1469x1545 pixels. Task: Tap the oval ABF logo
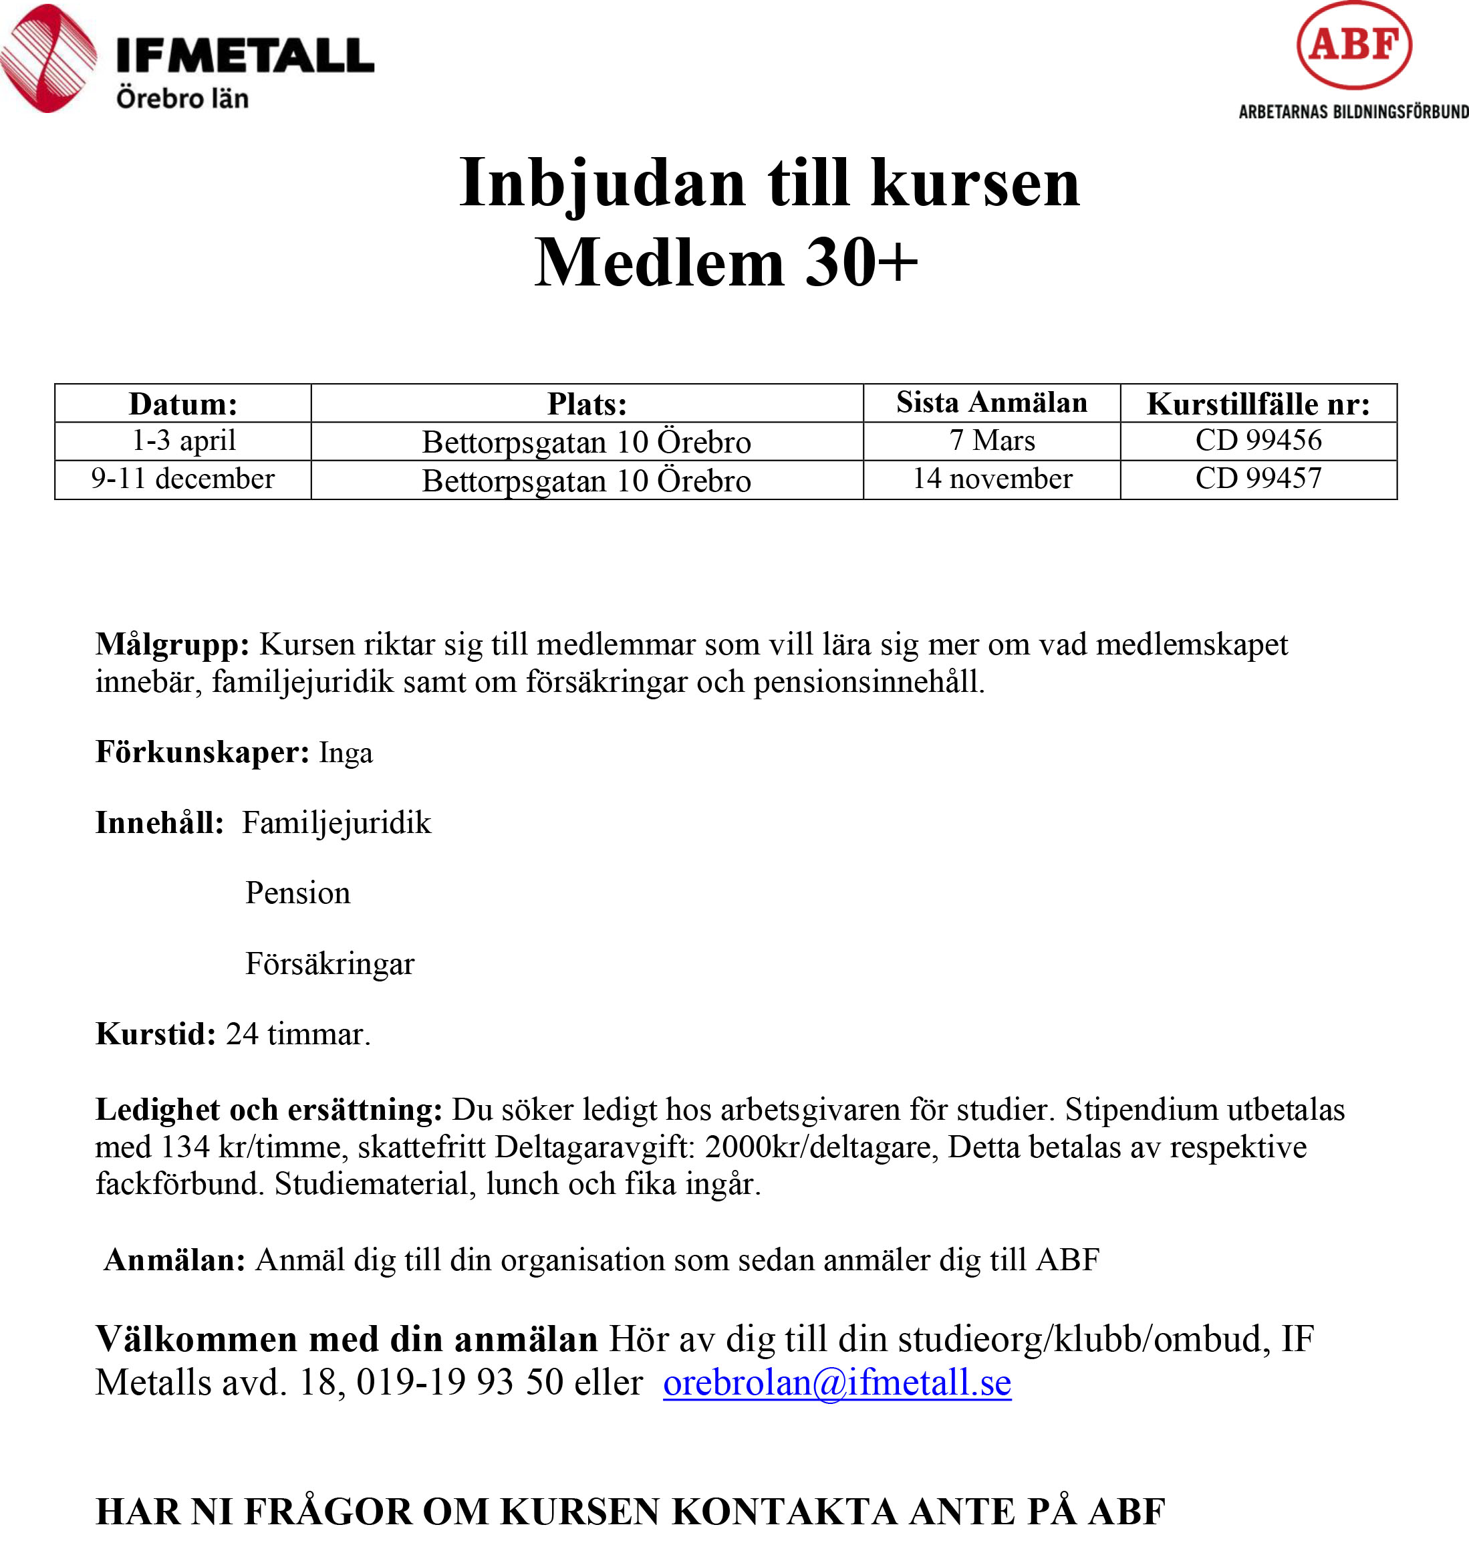1354,45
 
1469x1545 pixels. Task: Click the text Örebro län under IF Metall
182,99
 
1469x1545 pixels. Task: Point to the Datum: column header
182,404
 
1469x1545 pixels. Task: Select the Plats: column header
587,404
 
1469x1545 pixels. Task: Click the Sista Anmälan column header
991,402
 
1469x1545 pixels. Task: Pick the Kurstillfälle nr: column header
1258,404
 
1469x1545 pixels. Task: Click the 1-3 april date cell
183,441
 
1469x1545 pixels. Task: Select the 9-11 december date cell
182,479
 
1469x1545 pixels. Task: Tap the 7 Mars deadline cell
991,441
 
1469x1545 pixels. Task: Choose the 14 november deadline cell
991,479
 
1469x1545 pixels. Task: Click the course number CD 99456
1258,441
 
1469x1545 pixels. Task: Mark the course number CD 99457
1258,479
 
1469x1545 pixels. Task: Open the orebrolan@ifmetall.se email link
836,1382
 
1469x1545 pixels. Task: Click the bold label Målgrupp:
172,644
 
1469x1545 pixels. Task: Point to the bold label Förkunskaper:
202,752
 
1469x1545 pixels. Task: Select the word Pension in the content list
297,893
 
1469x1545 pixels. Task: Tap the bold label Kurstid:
155,1034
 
